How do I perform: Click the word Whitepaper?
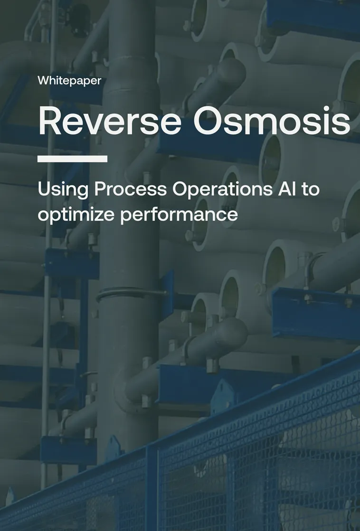pyautogui.click(x=69, y=81)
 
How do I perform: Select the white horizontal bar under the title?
pyautogui.click(x=72, y=159)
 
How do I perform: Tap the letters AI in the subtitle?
pyautogui.click(x=287, y=189)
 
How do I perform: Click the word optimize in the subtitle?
pyautogui.click(x=76, y=214)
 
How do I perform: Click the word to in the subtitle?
pyautogui.click(x=312, y=189)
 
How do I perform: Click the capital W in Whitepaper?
pyautogui.click(x=43, y=81)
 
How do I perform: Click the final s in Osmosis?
pyautogui.click(x=342, y=124)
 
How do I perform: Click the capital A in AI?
pyautogui.click(x=283, y=189)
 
